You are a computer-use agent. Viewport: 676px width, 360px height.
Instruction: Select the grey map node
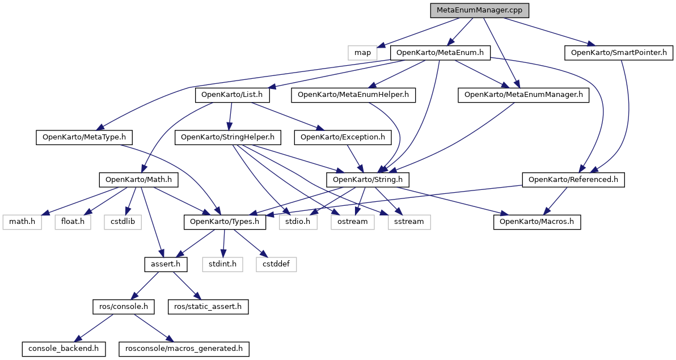(x=362, y=53)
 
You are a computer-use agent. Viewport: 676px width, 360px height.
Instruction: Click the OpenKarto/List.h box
(x=232, y=95)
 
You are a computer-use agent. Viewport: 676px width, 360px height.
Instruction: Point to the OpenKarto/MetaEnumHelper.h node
(x=353, y=95)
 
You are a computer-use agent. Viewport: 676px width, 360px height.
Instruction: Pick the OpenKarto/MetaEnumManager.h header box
(x=523, y=95)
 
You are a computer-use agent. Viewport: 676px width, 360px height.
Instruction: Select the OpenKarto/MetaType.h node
(x=84, y=137)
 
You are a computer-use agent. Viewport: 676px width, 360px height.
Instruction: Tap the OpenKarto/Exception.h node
(x=343, y=137)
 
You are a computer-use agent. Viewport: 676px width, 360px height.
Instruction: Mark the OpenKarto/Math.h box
(x=138, y=180)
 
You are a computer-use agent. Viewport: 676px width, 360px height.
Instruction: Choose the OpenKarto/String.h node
(x=368, y=180)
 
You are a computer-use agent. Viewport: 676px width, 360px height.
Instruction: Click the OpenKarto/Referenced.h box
(x=573, y=180)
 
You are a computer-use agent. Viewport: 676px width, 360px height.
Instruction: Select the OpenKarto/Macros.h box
(x=537, y=222)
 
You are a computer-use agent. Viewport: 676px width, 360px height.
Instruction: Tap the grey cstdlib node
(x=122, y=222)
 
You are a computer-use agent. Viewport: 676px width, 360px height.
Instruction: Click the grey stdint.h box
(x=223, y=264)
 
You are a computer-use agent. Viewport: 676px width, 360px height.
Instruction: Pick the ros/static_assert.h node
(x=208, y=307)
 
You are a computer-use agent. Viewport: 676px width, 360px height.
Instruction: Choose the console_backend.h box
(x=64, y=349)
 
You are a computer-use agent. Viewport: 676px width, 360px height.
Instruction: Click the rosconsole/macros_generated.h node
(x=184, y=349)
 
